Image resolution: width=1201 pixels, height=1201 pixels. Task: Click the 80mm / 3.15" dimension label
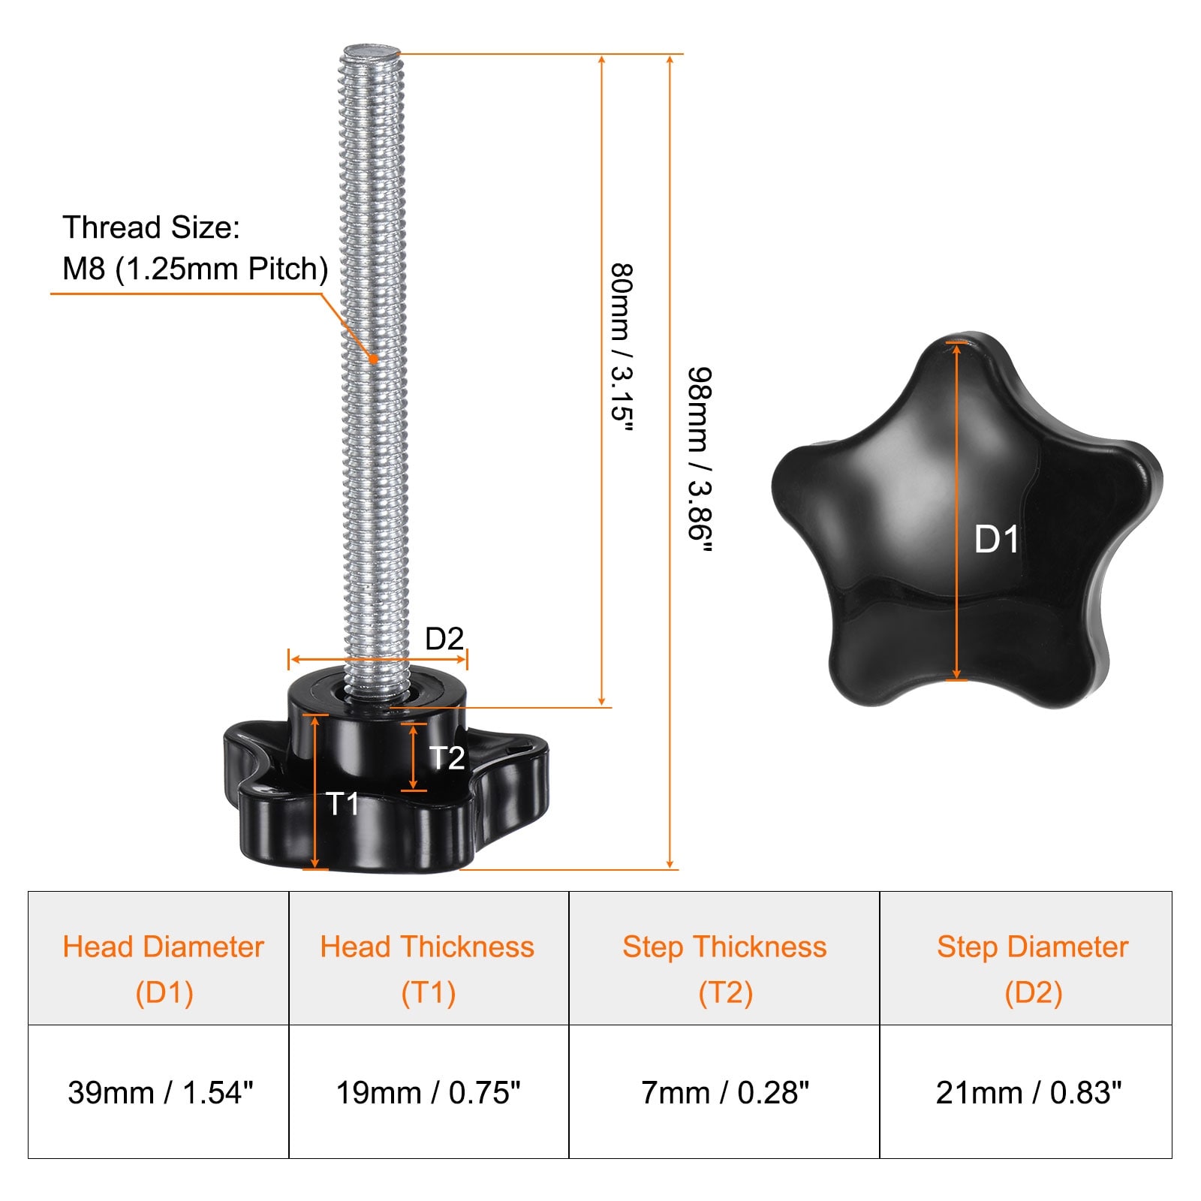coord(622,348)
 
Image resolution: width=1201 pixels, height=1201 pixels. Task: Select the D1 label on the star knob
coord(996,540)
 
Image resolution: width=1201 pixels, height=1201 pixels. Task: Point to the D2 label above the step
coord(444,639)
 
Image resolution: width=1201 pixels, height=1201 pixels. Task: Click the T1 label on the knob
coord(344,804)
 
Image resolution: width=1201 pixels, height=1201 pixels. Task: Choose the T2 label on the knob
coord(447,758)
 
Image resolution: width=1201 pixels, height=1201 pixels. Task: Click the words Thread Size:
coord(151,227)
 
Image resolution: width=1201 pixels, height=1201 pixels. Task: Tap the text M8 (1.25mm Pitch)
coord(195,269)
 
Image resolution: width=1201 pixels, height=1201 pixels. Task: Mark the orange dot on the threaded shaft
coord(373,359)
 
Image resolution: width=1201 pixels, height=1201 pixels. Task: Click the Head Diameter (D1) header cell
coord(158,958)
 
